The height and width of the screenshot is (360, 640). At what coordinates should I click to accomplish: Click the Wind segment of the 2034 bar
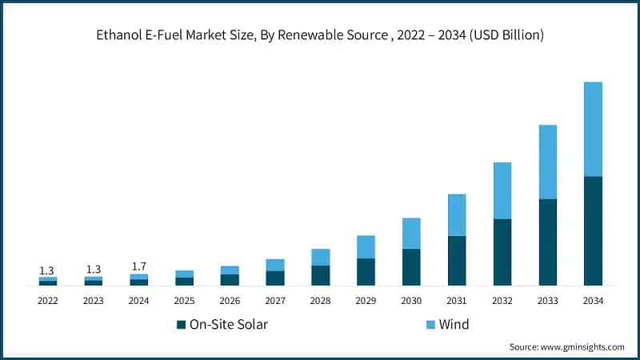click(593, 129)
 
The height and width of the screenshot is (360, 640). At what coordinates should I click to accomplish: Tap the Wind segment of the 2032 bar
click(502, 190)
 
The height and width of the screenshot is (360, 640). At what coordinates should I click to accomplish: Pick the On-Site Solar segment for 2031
click(457, 260)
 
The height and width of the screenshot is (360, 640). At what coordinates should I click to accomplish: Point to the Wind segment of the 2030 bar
click(411, 233)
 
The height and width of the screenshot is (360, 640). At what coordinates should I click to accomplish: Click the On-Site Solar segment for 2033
click(547, 242)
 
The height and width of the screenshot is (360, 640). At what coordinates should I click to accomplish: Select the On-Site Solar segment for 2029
click(366, 271)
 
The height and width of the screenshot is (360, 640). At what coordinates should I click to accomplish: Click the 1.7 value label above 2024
click(139, 266)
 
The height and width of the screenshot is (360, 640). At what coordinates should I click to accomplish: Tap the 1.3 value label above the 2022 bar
click(48, 270)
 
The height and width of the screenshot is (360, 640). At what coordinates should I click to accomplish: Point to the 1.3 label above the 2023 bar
click(94, 270)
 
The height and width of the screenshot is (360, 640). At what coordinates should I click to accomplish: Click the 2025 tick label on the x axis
click(184, 301)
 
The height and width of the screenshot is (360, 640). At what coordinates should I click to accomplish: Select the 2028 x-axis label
click(320, 301)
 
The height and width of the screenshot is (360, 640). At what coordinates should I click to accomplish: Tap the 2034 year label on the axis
click(593, 301)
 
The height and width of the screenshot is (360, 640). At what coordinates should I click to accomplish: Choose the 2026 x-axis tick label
click(230, 301)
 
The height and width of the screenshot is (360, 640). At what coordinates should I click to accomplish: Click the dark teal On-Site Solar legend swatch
click(181, 325)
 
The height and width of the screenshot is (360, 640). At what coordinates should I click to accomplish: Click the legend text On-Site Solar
click(228, 325)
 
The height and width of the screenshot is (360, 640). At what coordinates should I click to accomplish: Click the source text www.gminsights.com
click(583, 347)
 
